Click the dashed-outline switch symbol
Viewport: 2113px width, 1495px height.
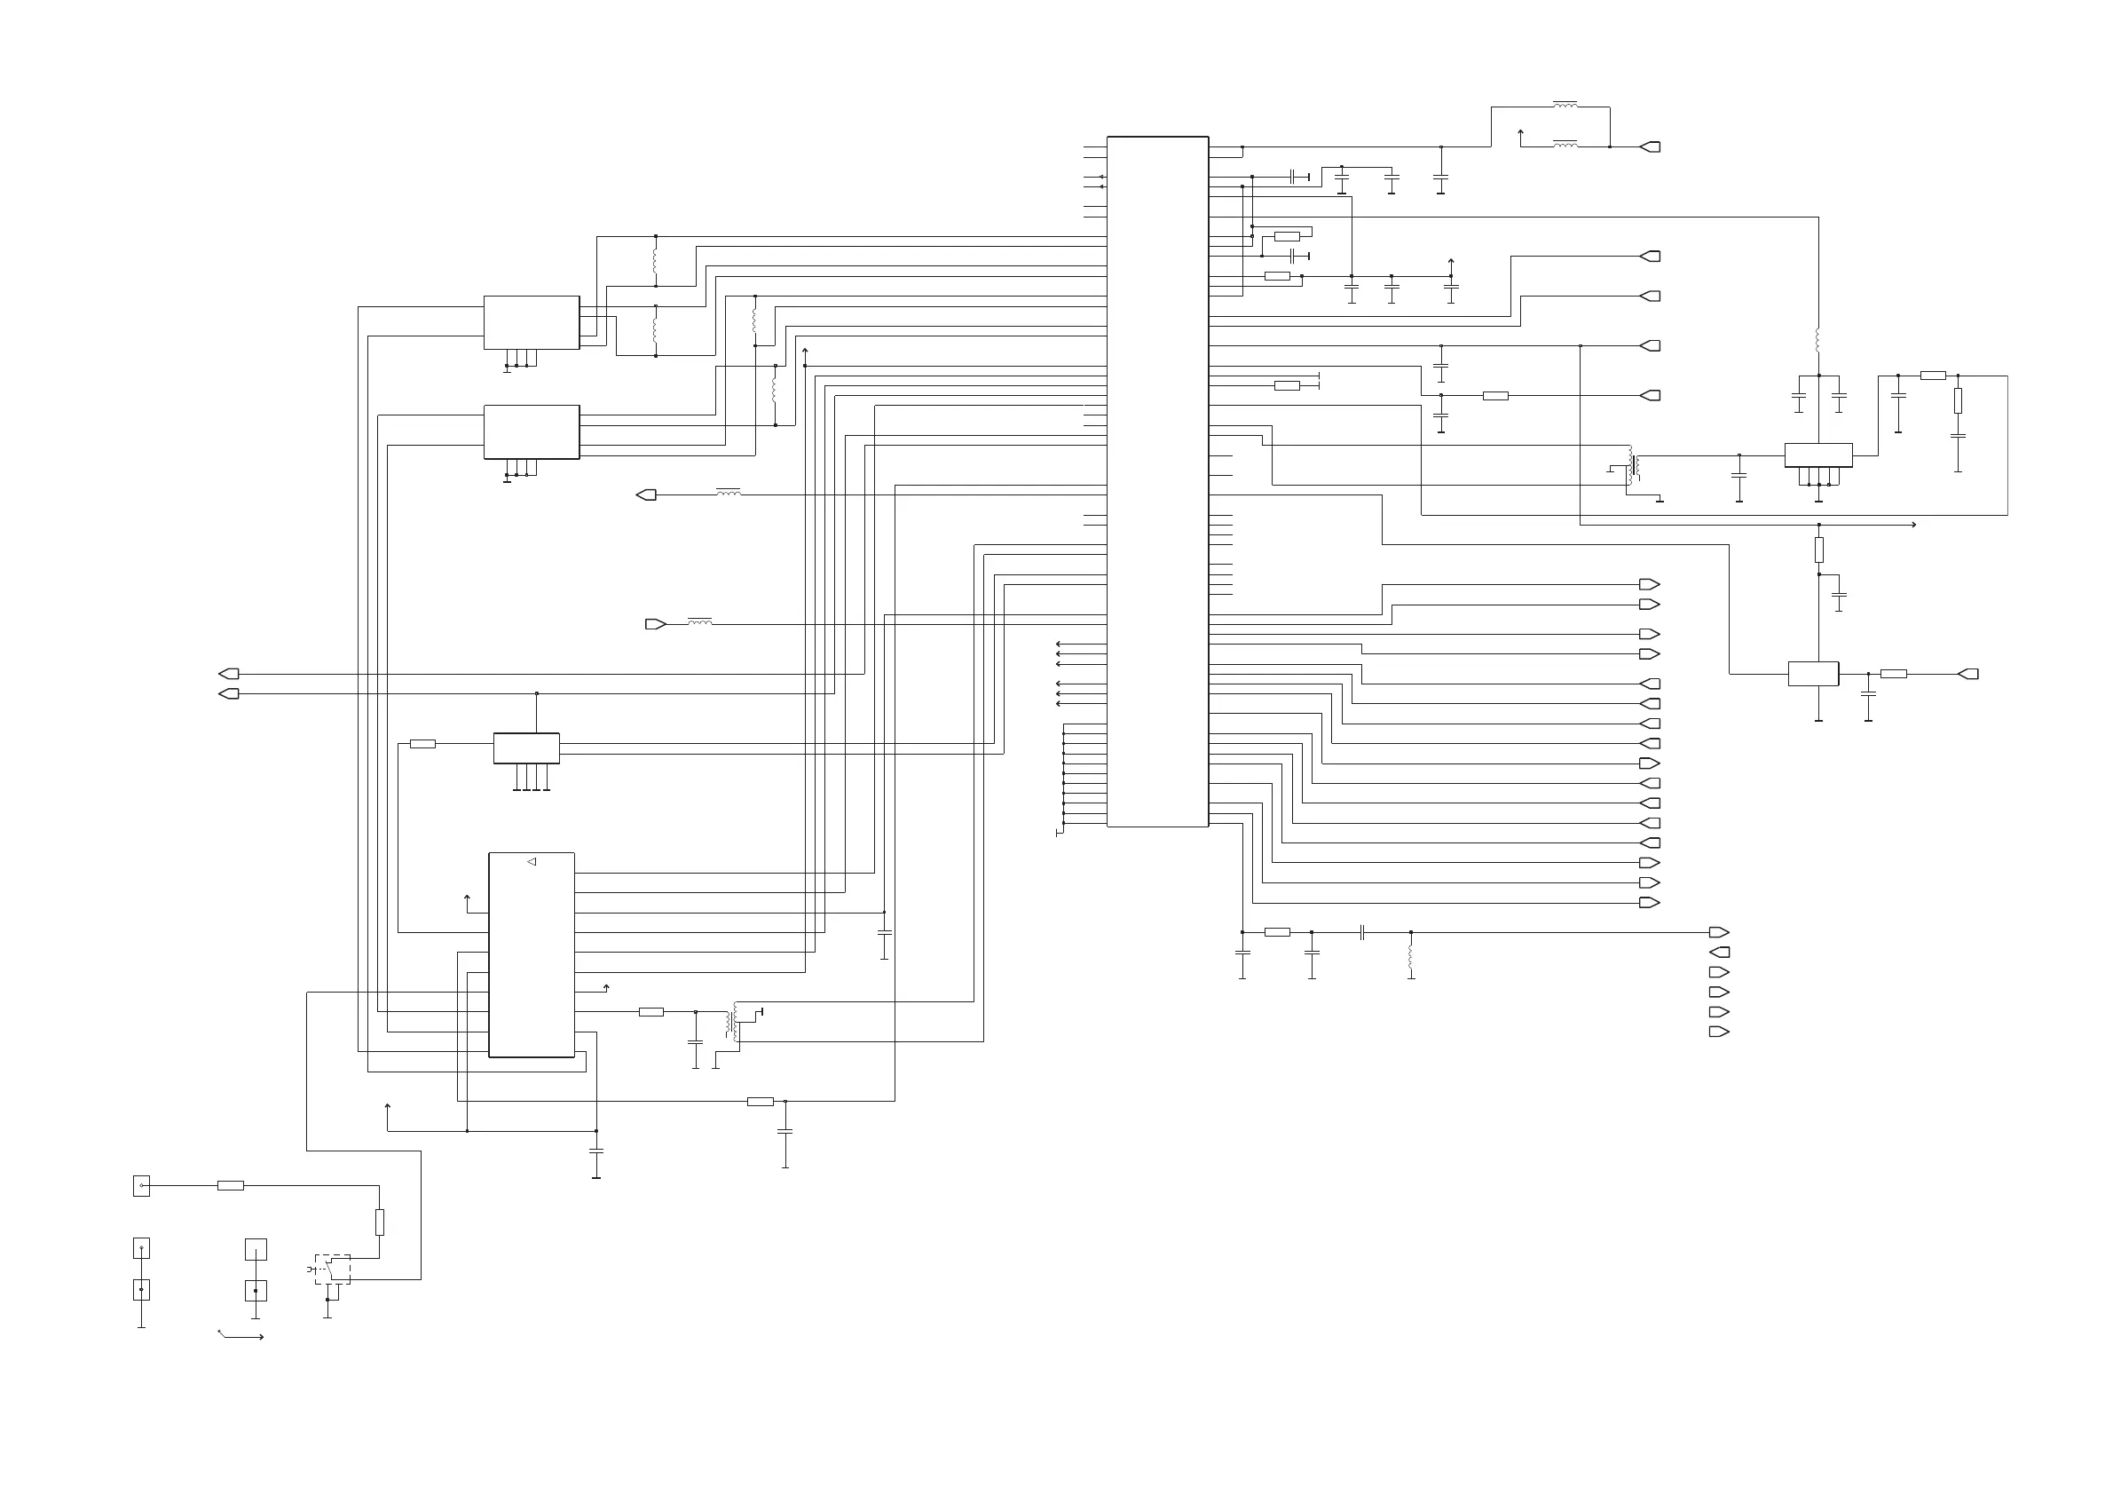[x=332, y=1270]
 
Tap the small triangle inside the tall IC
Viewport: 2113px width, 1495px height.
[x=531, y=862]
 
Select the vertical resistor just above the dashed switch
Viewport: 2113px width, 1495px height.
[x=379, y=1222]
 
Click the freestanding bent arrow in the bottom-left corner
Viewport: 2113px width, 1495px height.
[x=240, y=1335]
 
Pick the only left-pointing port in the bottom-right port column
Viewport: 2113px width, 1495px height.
[x=1719, y=953]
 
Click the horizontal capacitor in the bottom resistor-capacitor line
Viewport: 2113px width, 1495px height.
[x=1361, y=932]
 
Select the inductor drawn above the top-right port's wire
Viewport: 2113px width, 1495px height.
[x=1565, y=105]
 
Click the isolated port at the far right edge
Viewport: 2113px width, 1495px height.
[x=1967, y=674]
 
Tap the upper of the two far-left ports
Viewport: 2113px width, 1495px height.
[x=229, y=674]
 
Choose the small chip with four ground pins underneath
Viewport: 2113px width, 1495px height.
[x=526, y=747]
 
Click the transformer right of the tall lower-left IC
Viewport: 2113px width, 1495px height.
[x=735, y=1022]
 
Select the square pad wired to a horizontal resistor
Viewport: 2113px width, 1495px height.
[x=141, y=1186]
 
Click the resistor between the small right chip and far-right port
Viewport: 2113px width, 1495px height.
[x=1893, y=674]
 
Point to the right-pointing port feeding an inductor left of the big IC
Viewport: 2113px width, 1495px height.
[x=655, y=624]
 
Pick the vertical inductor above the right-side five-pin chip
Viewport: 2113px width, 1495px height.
[x=1818, y=341]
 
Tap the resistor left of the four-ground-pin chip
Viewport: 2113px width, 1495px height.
[x=422, y=744]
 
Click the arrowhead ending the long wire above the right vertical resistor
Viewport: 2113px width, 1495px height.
[x=1914, y=525]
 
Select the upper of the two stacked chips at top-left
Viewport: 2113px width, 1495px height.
[x=531, y=322]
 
